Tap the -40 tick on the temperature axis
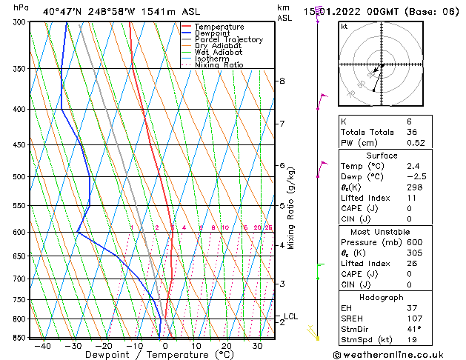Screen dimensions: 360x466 (42, 346)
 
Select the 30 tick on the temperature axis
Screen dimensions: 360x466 (257, 346)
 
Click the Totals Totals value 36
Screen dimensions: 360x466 (391, 132)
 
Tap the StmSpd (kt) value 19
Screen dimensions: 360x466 (391, 340)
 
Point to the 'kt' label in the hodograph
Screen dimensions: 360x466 (344, 26)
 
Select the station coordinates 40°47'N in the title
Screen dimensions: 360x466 (63, 11)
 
